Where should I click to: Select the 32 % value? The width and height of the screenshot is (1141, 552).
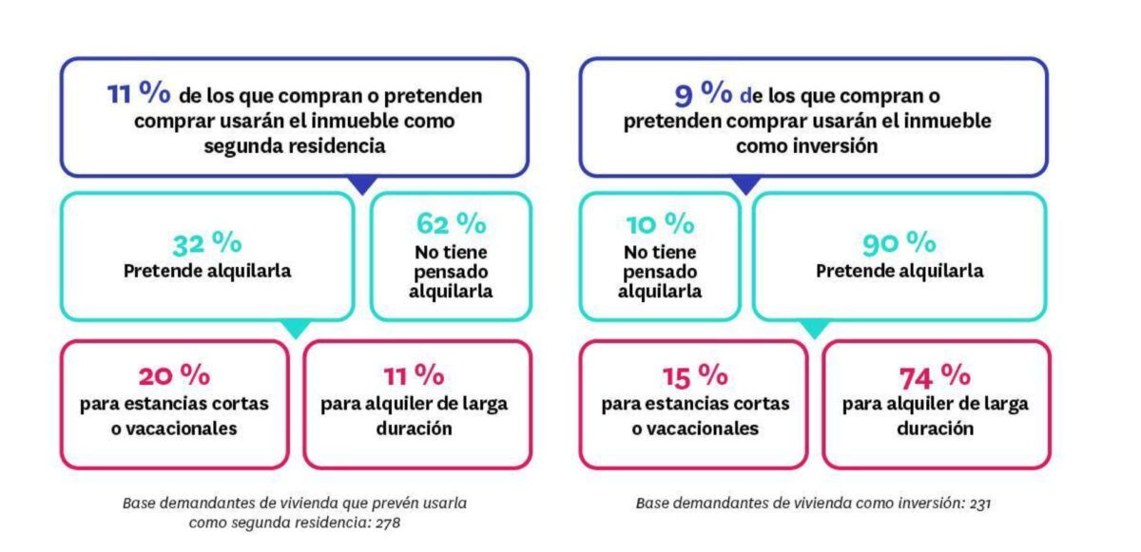tap(206, 243)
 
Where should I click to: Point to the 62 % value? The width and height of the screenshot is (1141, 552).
tap(451, 223)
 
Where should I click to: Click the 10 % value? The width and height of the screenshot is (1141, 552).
tap(660, 223)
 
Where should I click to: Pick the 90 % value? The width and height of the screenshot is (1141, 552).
tap(899, 243)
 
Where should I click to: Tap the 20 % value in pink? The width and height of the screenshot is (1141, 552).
tap(174, 375)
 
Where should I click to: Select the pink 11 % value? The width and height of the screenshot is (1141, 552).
tap(414, 375)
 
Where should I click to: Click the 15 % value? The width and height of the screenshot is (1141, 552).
tap(694, 375)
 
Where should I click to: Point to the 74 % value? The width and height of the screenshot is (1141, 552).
tap(935, 375)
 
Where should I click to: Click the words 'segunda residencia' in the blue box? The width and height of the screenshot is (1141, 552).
tap(295, 147)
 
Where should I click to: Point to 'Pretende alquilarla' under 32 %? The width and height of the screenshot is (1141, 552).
tap(206, 271)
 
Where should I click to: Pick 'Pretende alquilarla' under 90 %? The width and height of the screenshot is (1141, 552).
tap(899, 271)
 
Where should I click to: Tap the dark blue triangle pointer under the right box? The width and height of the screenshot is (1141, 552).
tap(747, 184)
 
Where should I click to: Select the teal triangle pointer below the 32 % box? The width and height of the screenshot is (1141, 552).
tap(297, 329)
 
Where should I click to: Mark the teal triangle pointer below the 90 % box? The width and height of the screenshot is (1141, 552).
tap(815, 329)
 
